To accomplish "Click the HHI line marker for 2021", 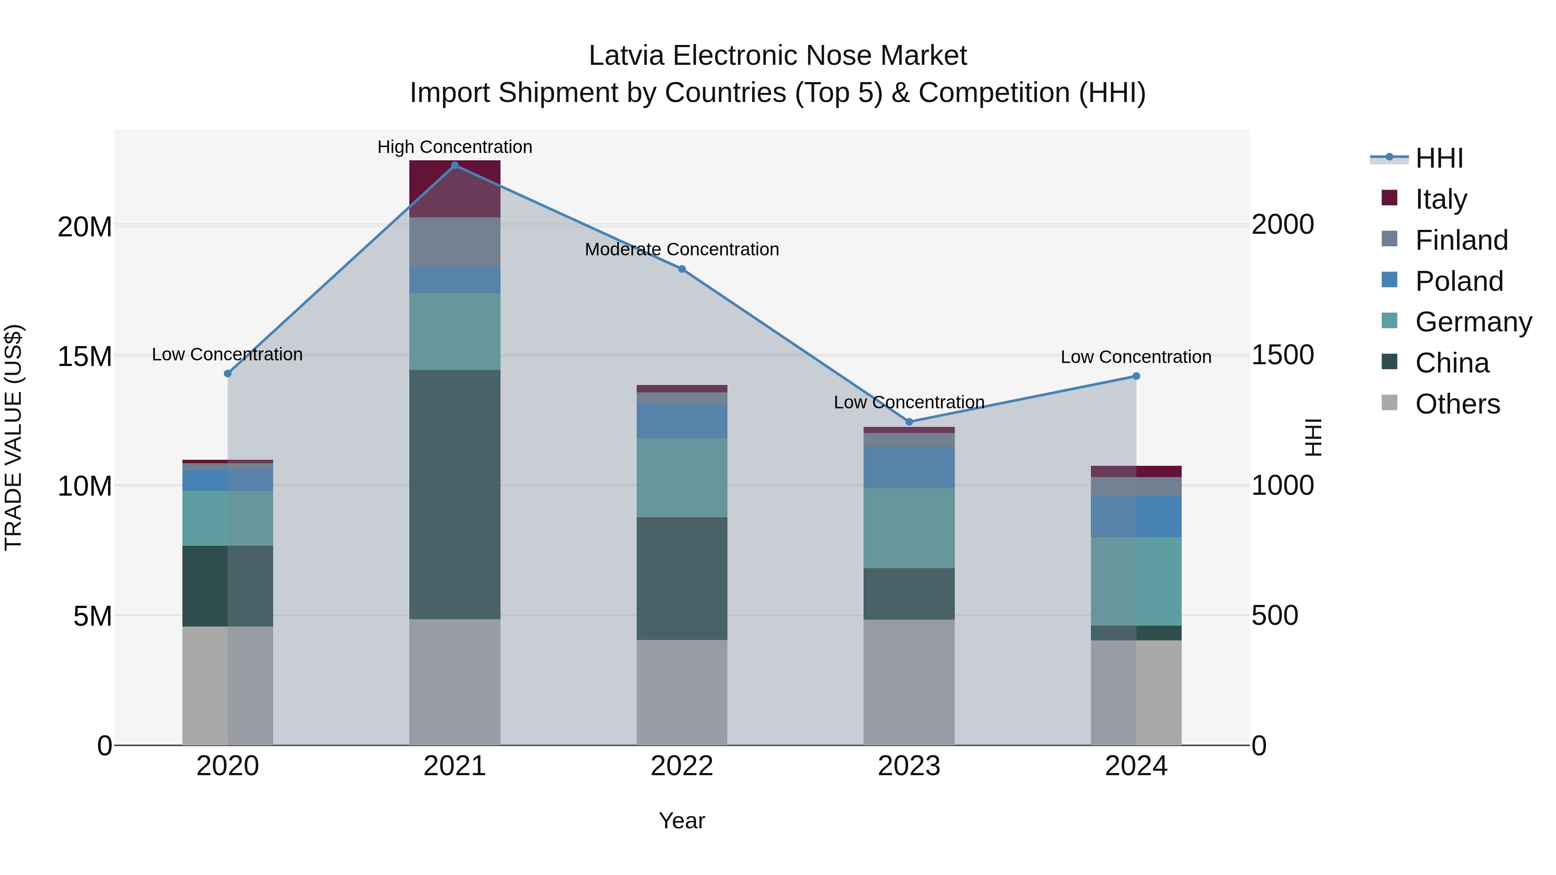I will coord(455,165).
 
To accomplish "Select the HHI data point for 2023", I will coord(909,421).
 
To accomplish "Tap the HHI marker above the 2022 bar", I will coord(682,269).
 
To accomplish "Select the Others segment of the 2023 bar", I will coord(909,682).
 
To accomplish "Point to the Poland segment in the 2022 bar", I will coord(682,421).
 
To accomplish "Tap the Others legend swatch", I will coord(1389,403).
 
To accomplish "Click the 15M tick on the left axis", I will coord(85,356).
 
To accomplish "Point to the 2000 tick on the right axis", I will coord(1282,225).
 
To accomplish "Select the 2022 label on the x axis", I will coord(682,766).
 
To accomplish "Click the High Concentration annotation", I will coord(455,147).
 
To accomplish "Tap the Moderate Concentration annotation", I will coord(682,249).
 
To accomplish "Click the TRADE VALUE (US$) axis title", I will coord(13,437).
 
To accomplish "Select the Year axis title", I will coord(682,821).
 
